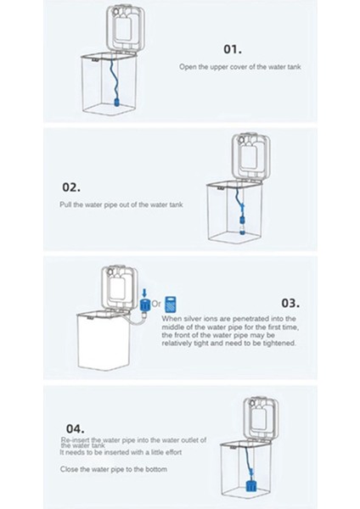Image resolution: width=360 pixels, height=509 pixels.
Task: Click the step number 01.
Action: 233,49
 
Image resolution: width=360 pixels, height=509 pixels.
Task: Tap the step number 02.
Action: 71,187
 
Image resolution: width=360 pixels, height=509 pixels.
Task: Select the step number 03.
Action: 290,303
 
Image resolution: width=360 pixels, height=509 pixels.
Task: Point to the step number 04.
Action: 75,428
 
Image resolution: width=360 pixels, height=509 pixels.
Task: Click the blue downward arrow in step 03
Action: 144,292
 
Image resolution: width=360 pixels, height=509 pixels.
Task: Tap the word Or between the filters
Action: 156,305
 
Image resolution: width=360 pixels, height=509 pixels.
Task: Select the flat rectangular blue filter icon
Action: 171,305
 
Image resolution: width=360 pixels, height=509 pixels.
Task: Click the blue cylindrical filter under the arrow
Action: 144,305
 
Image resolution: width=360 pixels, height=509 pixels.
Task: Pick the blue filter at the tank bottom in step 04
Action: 251,487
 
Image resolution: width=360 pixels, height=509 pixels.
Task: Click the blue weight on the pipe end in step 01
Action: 116,103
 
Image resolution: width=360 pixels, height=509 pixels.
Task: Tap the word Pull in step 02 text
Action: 65,204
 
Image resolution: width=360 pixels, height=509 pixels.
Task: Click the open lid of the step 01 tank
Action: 126,28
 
